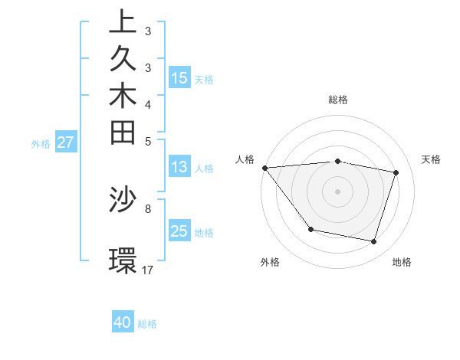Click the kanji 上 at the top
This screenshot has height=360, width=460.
(123, 22)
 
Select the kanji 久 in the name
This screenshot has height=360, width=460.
(123, 58)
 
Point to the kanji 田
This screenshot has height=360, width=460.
(123, 133)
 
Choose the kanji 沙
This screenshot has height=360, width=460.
(123, 199)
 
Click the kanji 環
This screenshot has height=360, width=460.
(123, 260)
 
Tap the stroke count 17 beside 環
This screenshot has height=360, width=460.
(148, 270)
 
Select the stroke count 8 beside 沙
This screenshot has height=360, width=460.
(148, 208)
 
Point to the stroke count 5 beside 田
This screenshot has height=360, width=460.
(148, 141)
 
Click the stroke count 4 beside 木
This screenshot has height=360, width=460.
(148, 104)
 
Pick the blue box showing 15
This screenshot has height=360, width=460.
(179, 77)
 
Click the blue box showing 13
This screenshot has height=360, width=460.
(179, 167)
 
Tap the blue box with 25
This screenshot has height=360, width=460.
(179, 231)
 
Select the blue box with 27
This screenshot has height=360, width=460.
(66, 142)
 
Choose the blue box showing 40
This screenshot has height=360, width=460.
(123, 322)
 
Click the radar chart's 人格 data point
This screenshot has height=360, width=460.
(264, 167)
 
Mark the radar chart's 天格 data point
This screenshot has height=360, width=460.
(396, 172)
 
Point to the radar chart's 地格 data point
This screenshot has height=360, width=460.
(373, 242)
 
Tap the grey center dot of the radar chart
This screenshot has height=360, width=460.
(337, 191)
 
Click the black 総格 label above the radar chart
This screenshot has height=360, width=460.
(337, 100)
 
